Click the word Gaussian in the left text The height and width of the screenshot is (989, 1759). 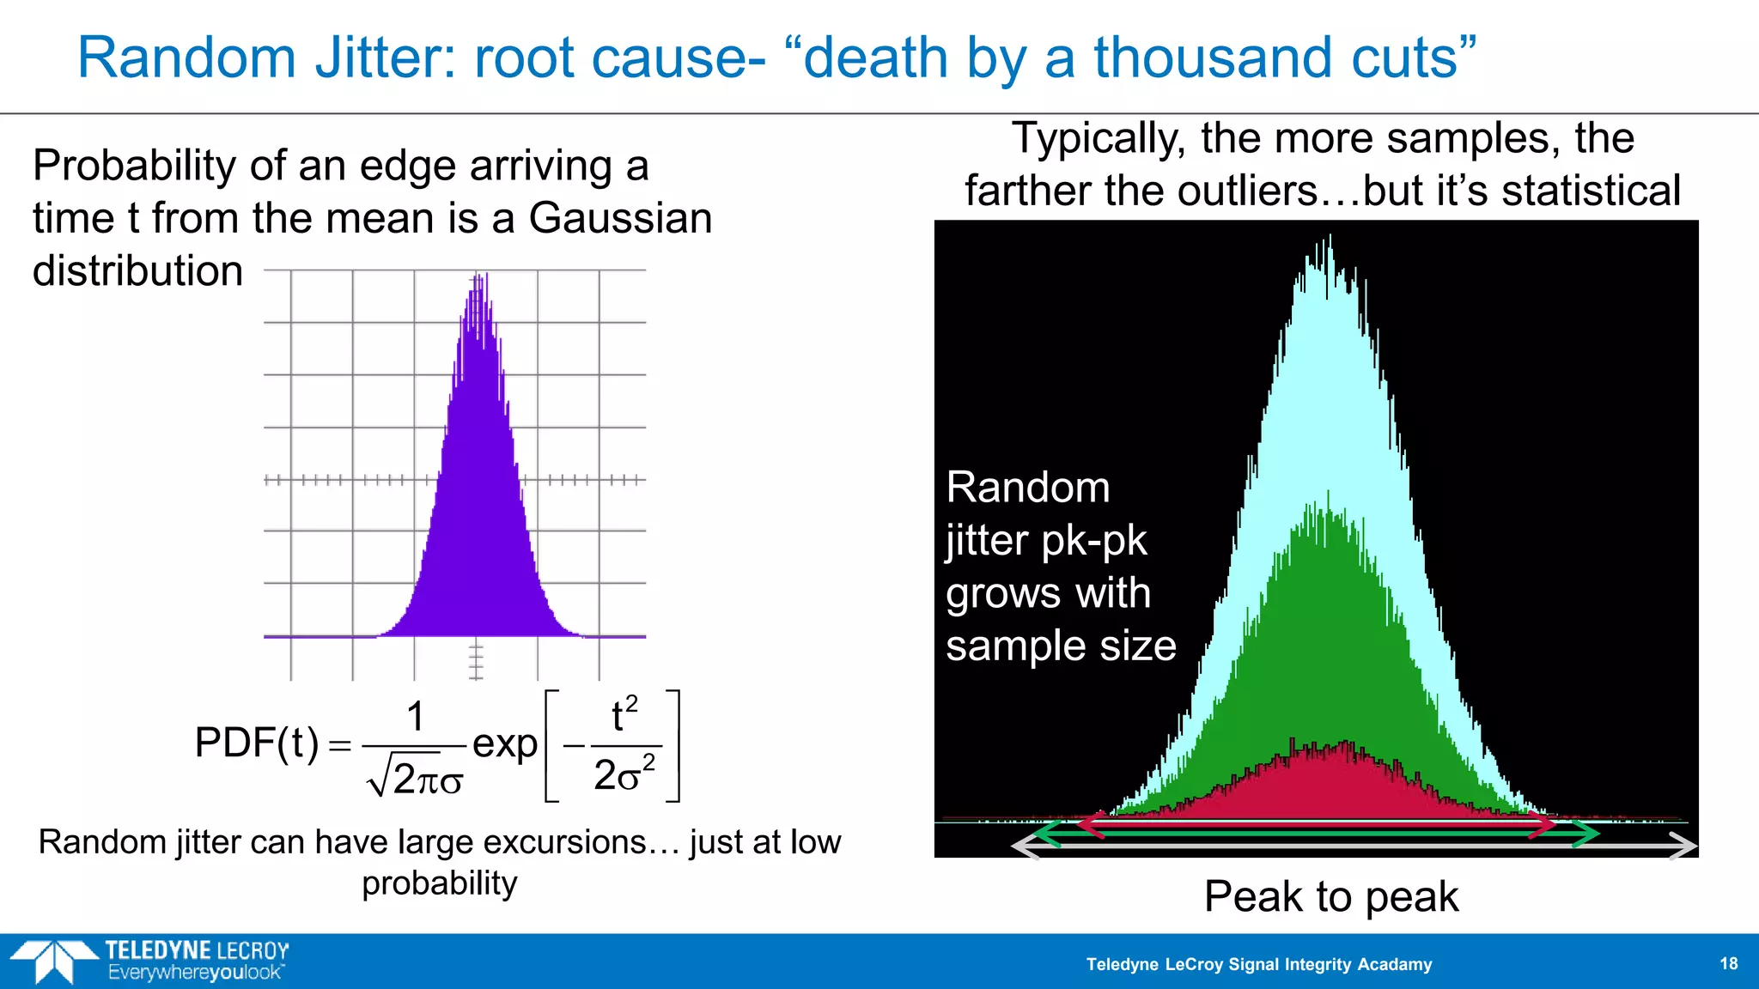point(620,218)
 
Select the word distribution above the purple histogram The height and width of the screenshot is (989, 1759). point(138,271)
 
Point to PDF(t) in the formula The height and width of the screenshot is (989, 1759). point(257,743)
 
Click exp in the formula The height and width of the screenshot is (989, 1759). point(504,743)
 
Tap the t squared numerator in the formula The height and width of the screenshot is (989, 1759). point(624,715)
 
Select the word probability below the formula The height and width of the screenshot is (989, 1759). point(439,883)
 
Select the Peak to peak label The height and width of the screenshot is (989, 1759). point(1330,897)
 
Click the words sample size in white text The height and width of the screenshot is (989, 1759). point(1061,646)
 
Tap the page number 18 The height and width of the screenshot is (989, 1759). point(1728,963)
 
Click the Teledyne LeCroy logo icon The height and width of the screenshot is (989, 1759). point(54,961)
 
